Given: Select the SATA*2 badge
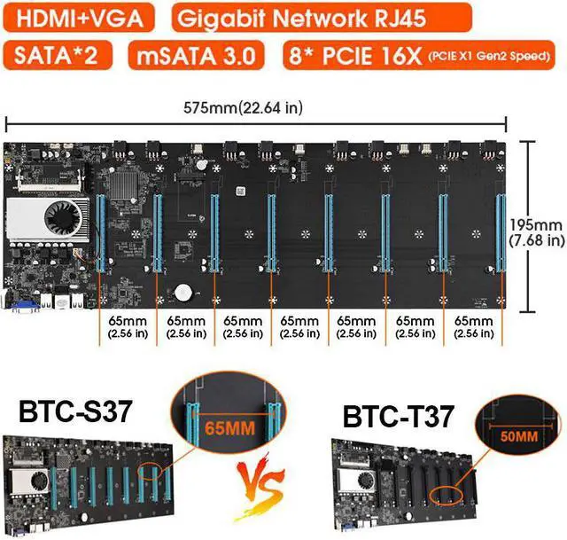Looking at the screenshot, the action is click(60, 55).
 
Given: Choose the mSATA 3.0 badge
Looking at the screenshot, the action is click(196, 55).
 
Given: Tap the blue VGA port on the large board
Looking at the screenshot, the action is click(24, 306).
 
